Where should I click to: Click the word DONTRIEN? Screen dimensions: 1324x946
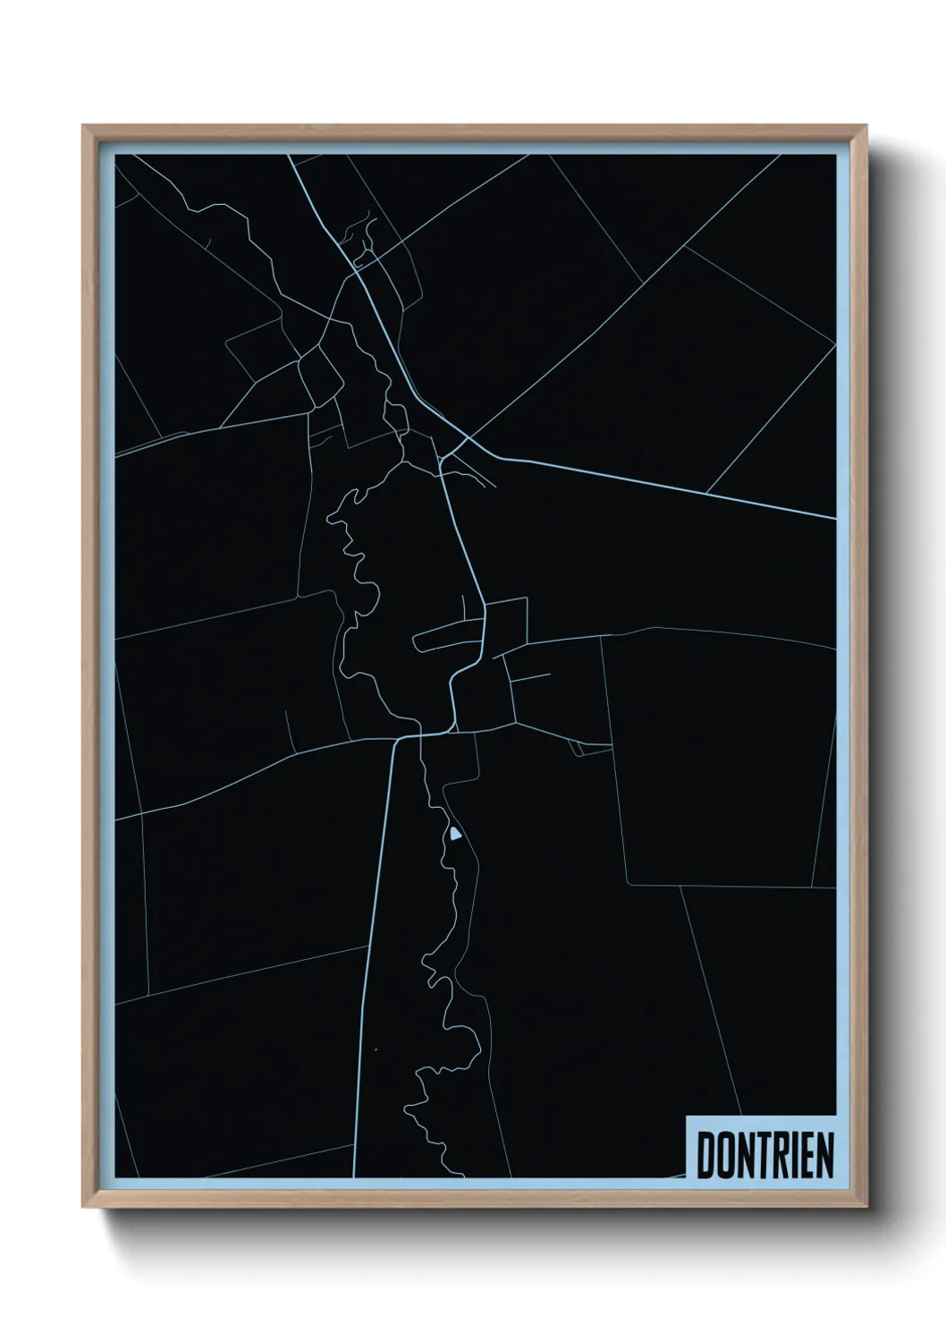[x=764, y=1156]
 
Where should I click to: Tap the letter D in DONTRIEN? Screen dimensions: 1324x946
[x=706, y=1156]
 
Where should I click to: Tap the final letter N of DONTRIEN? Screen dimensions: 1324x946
[x=824, y=1156]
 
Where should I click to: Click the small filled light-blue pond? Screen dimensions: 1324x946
[x=455, y=835]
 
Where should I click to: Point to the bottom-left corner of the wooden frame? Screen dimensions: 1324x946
[x=84, y=1208]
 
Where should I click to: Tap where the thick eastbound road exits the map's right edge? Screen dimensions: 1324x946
[x=834, y=517]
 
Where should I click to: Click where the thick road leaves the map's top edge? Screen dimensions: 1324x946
[x=290, y=156]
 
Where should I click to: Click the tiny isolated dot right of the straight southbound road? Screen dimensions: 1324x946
[x=376, y=1049]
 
